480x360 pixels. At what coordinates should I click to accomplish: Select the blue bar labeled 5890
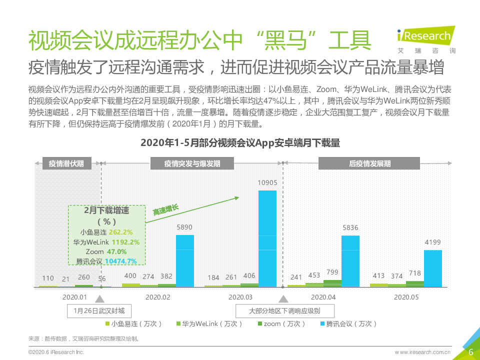[x=185, y=260]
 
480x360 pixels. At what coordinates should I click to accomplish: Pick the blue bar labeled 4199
[x=433, y=267]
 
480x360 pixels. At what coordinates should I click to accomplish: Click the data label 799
[x=332, y=272]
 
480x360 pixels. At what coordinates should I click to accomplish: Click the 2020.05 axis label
[x=406, y=297]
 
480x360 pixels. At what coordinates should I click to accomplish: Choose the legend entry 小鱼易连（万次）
[x=134, y=323]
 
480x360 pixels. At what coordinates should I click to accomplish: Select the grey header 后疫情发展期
[x=370, y=163]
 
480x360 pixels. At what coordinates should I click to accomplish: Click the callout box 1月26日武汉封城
[x=99, y=310]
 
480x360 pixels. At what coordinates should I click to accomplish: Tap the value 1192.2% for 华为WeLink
[x=125, y=242]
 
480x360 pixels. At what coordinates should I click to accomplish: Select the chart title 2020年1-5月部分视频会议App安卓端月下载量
[x=240, y=143]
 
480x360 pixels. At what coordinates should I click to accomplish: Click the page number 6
[x=470, y=352]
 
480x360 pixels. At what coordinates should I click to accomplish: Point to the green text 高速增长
[x=165, y=213]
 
